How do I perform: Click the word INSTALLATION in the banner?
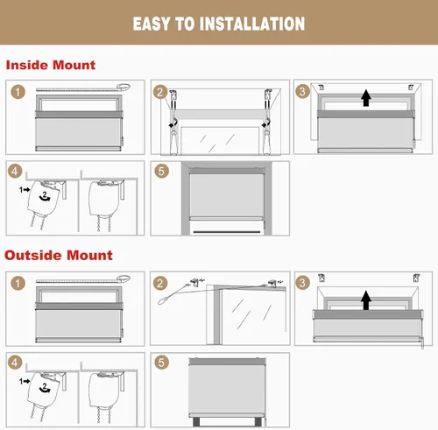coord(252,24)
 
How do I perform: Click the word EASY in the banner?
coord(152,24)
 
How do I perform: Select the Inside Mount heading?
coord(51,65)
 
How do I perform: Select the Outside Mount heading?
coord(59,255)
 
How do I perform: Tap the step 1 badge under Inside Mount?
coord(18,92)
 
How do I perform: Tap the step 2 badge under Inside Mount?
coord(160,92)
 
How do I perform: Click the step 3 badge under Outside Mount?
coord(302,283)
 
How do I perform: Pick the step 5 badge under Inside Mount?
coord(161,171)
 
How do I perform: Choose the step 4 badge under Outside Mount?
coord(15,363)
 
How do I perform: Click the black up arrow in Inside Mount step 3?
coord(366,98)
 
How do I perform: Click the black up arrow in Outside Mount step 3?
coord(366,300)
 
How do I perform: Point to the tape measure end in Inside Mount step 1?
coord(124,87)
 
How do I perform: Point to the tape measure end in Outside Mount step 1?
coord(124,278)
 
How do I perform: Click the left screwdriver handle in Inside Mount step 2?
coord(173,142)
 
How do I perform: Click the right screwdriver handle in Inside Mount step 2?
coord(266,142)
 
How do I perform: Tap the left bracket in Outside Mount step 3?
coord(321,278)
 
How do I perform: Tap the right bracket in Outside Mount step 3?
coord(416,278)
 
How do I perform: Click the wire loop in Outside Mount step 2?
coord(162,300)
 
